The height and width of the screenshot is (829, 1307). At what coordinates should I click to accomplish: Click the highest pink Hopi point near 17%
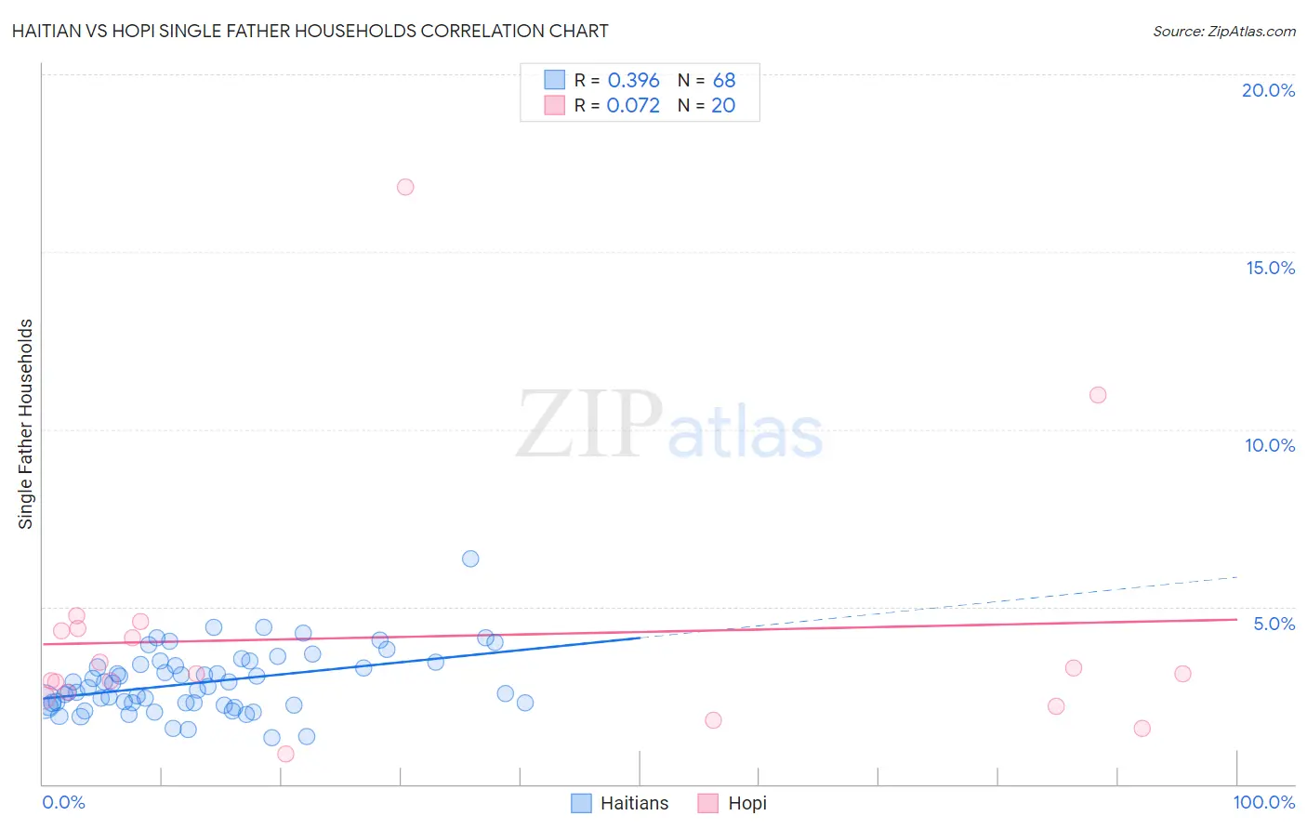[405, 187]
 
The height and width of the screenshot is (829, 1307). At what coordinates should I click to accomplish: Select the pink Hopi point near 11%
[1098, 395]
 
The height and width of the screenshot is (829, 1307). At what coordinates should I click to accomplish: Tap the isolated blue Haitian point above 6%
[470, 559]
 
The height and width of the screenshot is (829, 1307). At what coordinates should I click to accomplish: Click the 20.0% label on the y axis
[1268, 90]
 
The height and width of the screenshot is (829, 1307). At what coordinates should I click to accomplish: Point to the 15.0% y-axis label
[1270, 268]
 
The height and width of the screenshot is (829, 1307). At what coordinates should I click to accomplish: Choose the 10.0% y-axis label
[1270, 445]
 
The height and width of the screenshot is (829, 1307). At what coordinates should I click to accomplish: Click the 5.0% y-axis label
[1274, 624]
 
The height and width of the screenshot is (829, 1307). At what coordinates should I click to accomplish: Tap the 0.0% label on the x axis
[63, 802]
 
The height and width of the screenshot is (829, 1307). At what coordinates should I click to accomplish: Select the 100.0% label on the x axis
[1263, 802]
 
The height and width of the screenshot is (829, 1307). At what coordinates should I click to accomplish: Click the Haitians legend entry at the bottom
[620, 803]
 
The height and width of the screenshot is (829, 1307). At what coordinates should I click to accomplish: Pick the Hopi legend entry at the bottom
[733, 803]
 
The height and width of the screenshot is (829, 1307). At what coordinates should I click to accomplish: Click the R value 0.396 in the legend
[633, 81]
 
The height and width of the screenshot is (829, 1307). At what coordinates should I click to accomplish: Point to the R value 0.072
[633, 106]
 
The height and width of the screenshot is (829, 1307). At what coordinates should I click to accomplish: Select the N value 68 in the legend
[724, 81]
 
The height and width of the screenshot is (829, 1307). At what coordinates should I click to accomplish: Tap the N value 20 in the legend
[723, 106]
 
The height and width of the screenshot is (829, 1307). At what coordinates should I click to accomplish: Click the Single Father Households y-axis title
[26, 424]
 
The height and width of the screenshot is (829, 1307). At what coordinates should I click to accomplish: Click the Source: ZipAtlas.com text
[1223, 32]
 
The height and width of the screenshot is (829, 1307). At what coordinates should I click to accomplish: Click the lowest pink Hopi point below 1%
[286, 754]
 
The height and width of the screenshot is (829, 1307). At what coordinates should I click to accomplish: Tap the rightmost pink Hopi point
[1182, 674]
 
